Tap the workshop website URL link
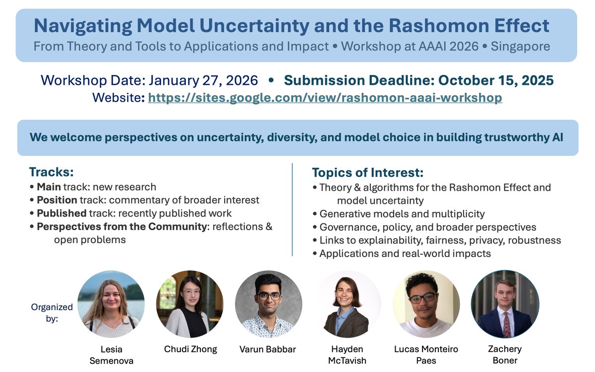click(x=325, y=98)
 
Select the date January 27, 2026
click(x=203, y=80)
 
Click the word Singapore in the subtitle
click(x=520, y=47)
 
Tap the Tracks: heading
click(x=51, y=172)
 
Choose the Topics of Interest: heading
click(x=367, y=173)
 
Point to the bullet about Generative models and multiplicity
click(x=402, y=214)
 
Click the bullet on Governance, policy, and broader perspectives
click(x=427, y=227)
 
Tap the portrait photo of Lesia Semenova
click(x=111, y=305)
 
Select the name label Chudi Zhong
click(x=190, y=349)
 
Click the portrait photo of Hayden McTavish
click(x=347, y=305)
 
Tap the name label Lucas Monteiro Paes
click(x=426, y=354)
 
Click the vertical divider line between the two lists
click(x=292, y=208)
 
